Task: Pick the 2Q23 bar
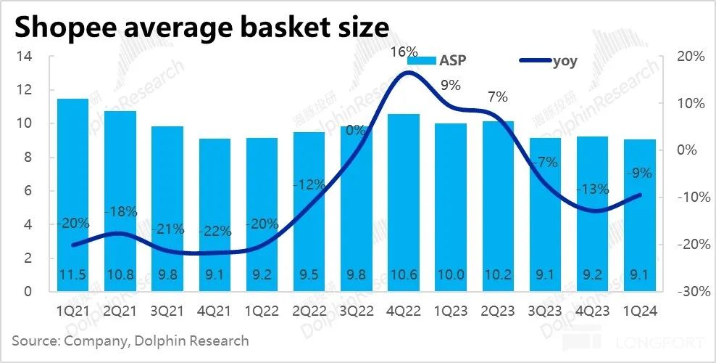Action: pyautogui.click(x=498, y=206)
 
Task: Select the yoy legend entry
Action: pyautogui.click(x=551, y=61)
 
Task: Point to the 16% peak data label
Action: pyautogui.click(x=404, y=52)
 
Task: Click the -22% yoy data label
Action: pyautogui.click(x=215, y=232)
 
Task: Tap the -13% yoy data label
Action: pyautogui.click(x=593, y=189)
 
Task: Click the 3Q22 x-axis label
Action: pyautogui.click(x=357, y=311)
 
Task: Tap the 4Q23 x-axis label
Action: pyautogui.click(x=593, y=311)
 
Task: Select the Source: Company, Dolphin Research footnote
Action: pyautogui.click(x=130, y=340)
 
